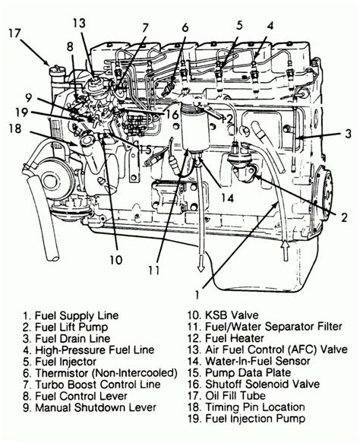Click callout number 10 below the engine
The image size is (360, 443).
click(115, 258)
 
